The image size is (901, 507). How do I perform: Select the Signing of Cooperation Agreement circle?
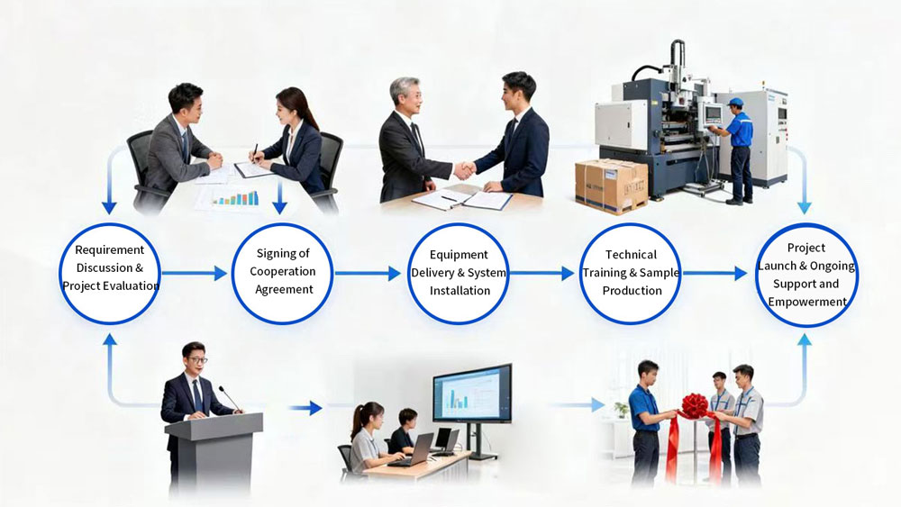pyautogui.click(x=282, y=272)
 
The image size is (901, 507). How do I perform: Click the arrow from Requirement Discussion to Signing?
pyautogui.click(x=194, y=273)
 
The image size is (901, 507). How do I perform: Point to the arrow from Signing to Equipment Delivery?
pyautogui.click(x=368, y=273)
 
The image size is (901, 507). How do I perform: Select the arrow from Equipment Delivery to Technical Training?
pyautogui.click(x=542, y=273)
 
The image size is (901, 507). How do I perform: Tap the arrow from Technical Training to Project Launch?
pyautogui.click(x=714, y=273)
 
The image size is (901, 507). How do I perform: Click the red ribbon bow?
pyautogui.click(x=694, y=407)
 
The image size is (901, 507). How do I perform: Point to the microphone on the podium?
pyautogui.click(x=229, y=398)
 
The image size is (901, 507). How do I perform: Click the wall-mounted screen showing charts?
pyautogui.click(x=471, y=394)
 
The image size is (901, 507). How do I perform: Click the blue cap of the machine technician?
pyautogui.click(x=735, y=103)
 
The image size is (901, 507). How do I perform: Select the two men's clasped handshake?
pyautogui.click(x=464, y=169)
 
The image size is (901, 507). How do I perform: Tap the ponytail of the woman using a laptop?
pyautogui.click(x=358, y=421)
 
